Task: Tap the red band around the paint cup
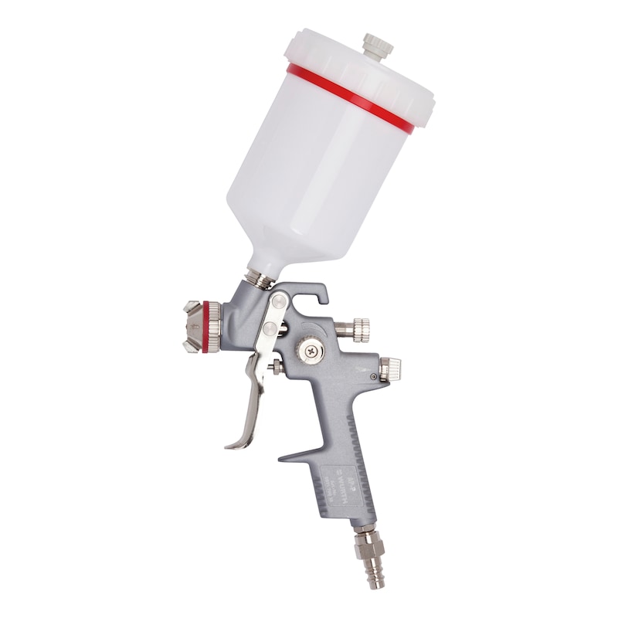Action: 348,97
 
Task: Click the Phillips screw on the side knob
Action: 312,350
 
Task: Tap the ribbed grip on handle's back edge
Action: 362,463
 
